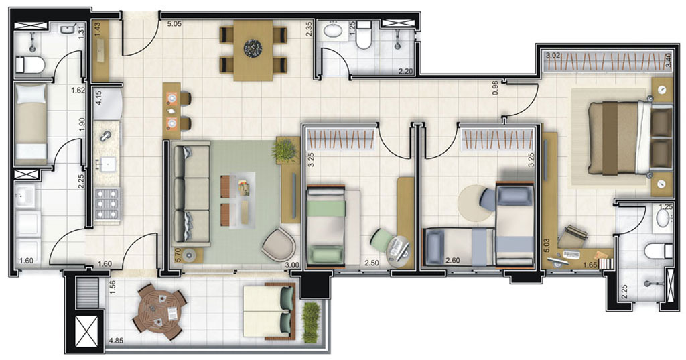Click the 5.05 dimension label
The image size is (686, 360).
click(x=175, y=27)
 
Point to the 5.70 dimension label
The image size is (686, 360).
click(x=178, y=253)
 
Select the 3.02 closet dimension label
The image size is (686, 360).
click(x=553, y=56)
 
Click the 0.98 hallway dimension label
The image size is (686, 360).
click(x=495, y=88)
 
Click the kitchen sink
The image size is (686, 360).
click(x=106, y=137)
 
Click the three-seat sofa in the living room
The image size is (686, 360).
click(x=190, y=195)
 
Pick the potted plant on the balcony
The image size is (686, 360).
click(x=311, y=320)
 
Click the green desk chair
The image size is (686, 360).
click(x=382, y=240)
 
